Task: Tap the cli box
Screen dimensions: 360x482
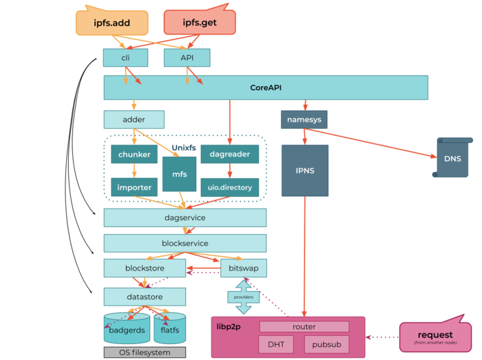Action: (x=125, y=58)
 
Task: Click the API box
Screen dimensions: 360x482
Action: (x=187, y=58)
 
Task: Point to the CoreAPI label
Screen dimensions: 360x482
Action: (x=266, y=87)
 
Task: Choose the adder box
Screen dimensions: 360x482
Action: (x=134, y=120)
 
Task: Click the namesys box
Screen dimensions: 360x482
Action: (x=304, y=120)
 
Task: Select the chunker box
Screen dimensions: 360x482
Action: (x=134, y=154)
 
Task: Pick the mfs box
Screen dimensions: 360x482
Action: (x=179, y=174)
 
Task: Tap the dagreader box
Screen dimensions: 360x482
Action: (x=229, y=154)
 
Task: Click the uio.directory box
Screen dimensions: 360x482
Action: (x=229, y=187)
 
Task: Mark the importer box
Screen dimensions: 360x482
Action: (x=134, y=187)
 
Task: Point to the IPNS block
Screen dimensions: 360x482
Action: (x=304, y=170)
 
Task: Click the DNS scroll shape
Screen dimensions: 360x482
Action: (x=452, y=159)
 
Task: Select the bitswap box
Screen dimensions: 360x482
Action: (x=243, y=267)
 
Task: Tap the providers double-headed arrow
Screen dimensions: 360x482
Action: (x=242, y=297)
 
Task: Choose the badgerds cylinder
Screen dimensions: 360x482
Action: (x=126, y=329)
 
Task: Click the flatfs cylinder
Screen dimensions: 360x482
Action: (x=169, y=329)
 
